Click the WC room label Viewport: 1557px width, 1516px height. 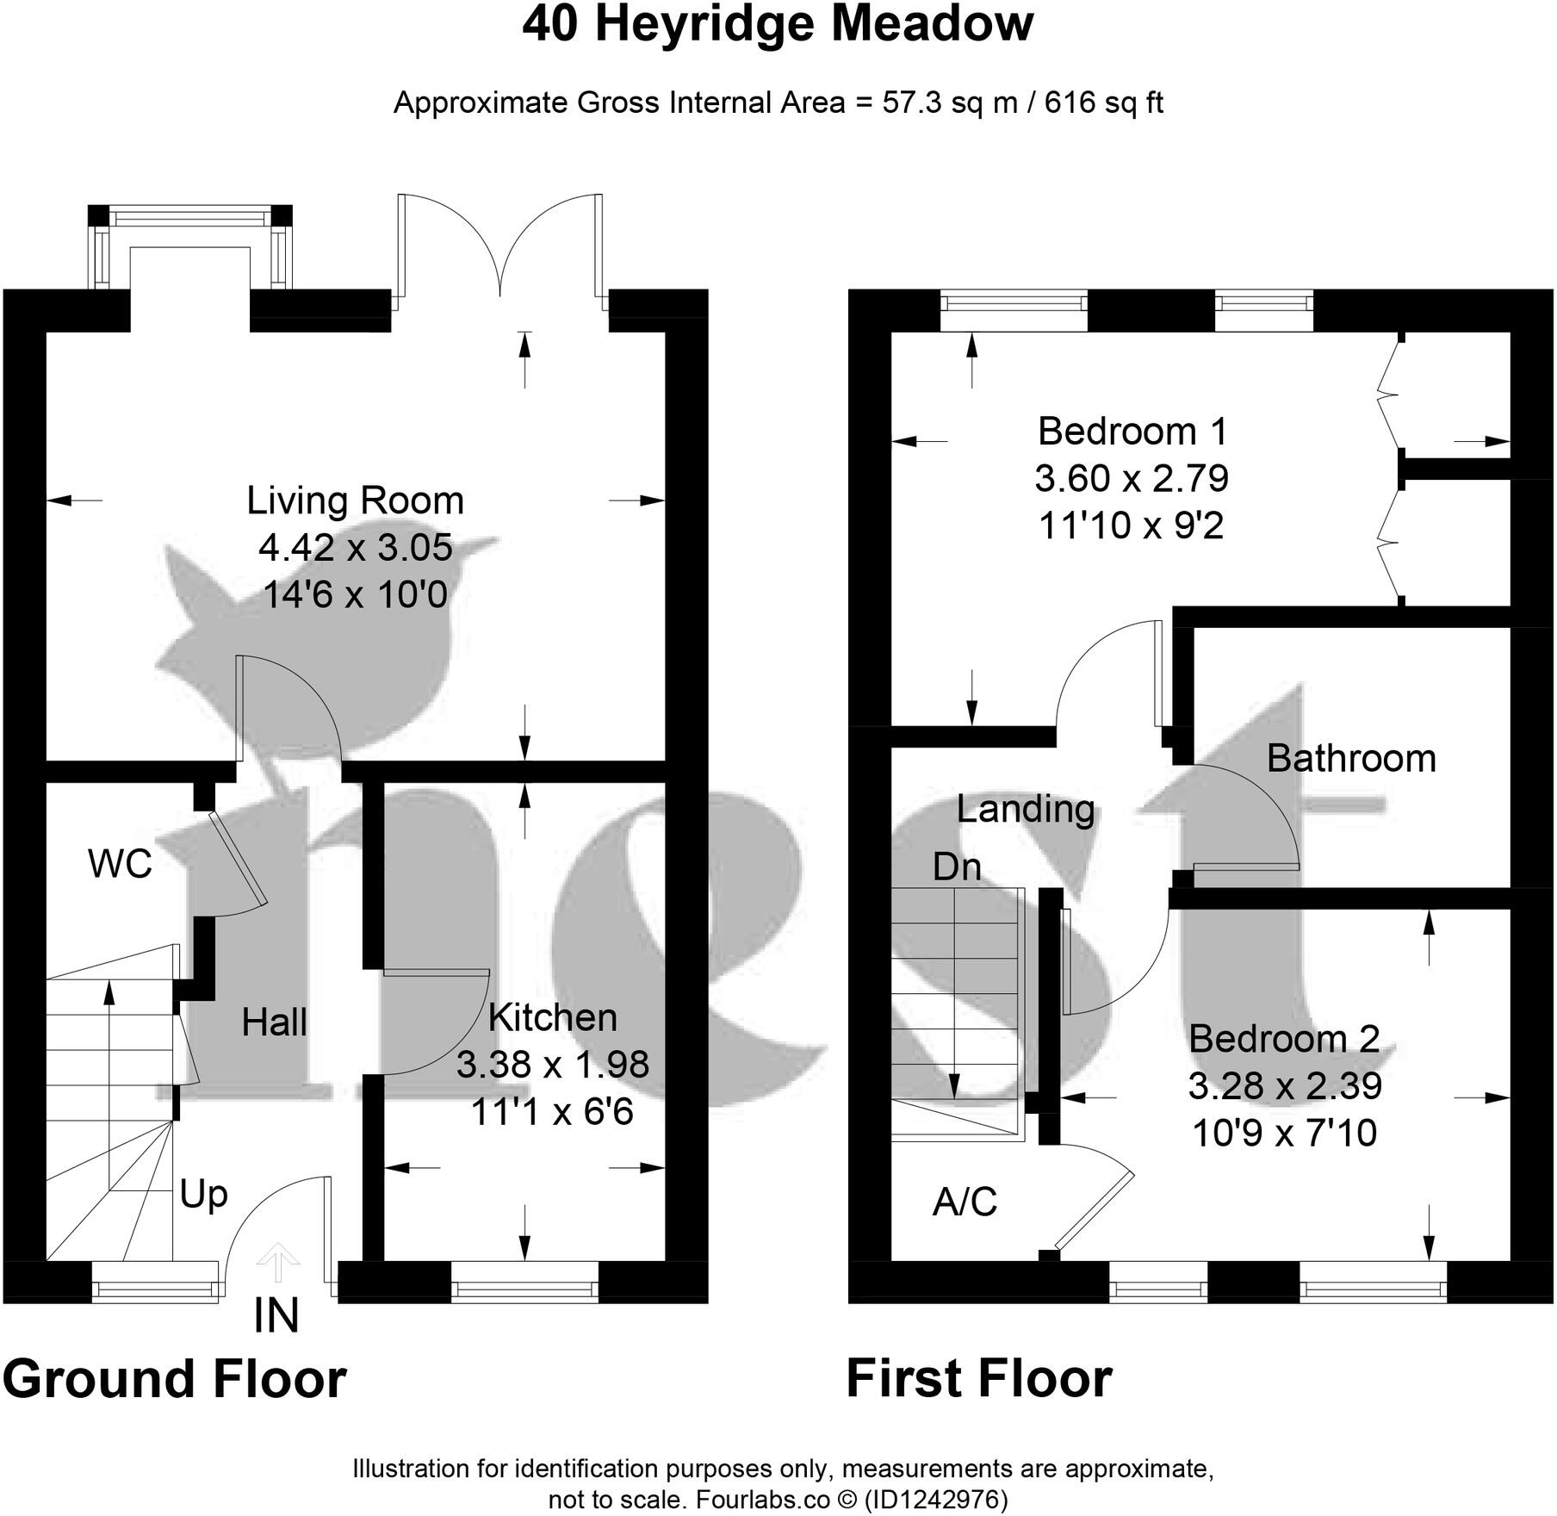[120, 863]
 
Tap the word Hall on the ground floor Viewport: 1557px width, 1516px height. [274, 1022]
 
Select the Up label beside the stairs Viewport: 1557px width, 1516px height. [203, 1195]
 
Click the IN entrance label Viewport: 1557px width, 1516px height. [276, 1316]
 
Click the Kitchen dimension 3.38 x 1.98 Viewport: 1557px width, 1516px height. [552, 1065]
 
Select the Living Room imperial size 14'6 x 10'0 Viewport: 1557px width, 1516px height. [355, 594]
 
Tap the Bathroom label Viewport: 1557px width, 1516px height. [1350, 759]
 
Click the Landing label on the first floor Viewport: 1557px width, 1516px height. [1025, 809]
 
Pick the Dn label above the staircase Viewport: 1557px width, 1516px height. [957, 867]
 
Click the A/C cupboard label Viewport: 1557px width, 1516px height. [965, 1202]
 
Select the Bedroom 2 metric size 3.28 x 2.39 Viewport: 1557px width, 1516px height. [1284, 1085]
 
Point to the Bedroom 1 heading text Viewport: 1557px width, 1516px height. [1132, 431]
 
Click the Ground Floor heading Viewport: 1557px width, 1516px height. [175, 1379]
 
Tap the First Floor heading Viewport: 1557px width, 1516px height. [979, 1379]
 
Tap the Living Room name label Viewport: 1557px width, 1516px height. [355, 500]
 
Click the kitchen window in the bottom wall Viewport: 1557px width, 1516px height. [524, 1289]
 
